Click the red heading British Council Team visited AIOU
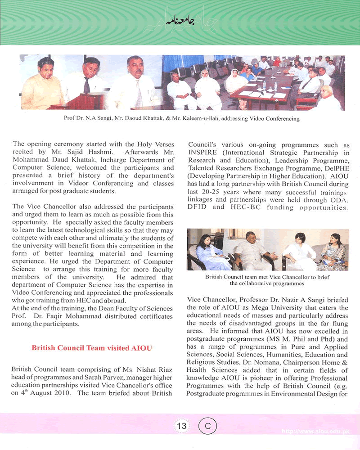pyautogui.click(x=92, y=348)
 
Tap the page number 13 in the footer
pyautogui.click(x=182, y=426)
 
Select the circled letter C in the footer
pyautogui.click(x=207, y=426)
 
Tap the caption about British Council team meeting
pyautogui.click(x=267, y=280)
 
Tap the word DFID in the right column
pyautogui.click(x=198, y=207)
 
